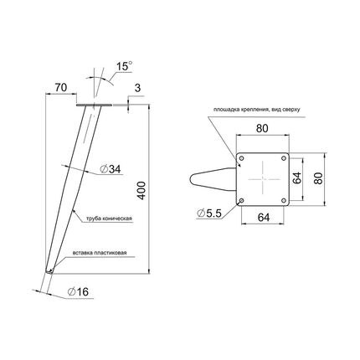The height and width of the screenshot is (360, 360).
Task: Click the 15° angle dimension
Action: [124, 66]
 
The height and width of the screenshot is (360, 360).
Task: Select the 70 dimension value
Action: [61, 88]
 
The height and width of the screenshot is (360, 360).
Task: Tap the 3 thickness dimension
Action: [137, 88]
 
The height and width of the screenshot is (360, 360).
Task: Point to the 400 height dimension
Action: [141, 190]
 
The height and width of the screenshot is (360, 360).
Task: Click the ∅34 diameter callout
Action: [111, 169]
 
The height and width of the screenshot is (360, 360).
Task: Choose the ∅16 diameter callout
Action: [78, 291]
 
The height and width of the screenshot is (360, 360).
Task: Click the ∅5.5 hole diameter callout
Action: [209, 213]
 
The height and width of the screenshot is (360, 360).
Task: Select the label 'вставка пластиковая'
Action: [100, 253]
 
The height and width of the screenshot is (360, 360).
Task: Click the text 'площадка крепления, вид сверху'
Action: [256, 110]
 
